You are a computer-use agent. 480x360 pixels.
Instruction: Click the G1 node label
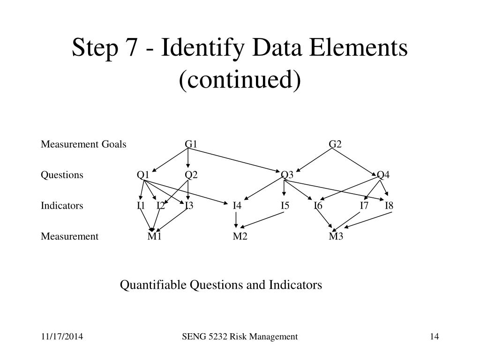191,144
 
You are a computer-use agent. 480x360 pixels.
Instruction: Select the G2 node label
335,144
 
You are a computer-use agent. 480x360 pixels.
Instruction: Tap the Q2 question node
191,175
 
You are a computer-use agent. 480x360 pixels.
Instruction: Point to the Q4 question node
383,175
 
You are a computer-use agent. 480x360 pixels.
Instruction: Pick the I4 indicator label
237,206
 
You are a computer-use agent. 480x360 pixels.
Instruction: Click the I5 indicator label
285,206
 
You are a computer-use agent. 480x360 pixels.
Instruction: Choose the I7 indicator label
364,206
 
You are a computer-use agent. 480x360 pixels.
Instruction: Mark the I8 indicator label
389,206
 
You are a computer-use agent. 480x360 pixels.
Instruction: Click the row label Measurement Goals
83,144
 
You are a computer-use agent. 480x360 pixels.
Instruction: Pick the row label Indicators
62,206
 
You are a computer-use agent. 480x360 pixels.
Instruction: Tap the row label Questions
62,175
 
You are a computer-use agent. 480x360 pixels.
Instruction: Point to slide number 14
434,337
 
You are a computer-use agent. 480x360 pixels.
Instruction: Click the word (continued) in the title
240,79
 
